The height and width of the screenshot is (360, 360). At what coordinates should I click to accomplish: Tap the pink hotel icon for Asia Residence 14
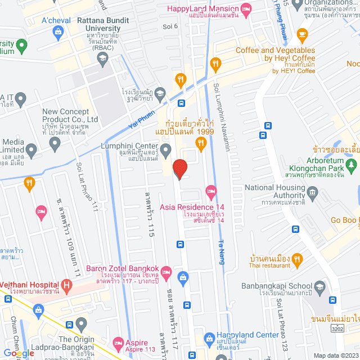(x=211, y=192)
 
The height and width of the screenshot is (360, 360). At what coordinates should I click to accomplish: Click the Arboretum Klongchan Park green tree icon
(x=352, y=165)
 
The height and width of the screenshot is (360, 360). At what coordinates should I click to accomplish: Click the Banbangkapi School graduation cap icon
(x=319, y=289)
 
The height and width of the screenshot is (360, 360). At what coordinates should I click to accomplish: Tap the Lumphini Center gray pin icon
(x=165, y=150)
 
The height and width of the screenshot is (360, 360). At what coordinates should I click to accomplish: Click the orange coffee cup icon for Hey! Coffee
(x=302, y=34)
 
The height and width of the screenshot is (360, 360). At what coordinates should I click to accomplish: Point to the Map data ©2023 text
(x=334, y=355)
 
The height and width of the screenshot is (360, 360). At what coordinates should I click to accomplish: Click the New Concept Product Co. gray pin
(x=55, y=145)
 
